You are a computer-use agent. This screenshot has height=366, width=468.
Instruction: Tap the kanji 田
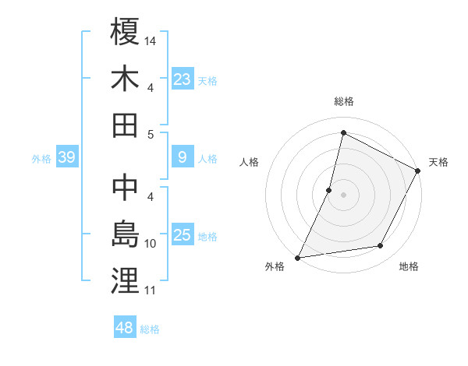(x=126, y=125)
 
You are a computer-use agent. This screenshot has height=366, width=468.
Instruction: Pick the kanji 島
(x=126, y=234)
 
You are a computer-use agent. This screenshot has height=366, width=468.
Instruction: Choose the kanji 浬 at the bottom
(x=126, y=281)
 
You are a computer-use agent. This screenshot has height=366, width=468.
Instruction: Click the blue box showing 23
(x=183, y=79)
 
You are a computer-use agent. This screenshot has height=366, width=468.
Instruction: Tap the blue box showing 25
(x=183, y=235)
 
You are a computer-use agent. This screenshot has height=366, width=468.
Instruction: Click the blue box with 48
(x=125, y=328)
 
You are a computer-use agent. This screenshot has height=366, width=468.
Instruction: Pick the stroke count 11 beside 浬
(x=151, y=291)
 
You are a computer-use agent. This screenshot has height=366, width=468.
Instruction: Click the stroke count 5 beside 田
(x=151, y=135)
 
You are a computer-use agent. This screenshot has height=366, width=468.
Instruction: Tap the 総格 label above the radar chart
(x=343, y=101)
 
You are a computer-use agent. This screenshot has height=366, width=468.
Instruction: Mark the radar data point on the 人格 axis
(x=329, y=189)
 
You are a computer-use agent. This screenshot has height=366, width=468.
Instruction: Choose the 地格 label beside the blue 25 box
(x=208, y=236)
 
